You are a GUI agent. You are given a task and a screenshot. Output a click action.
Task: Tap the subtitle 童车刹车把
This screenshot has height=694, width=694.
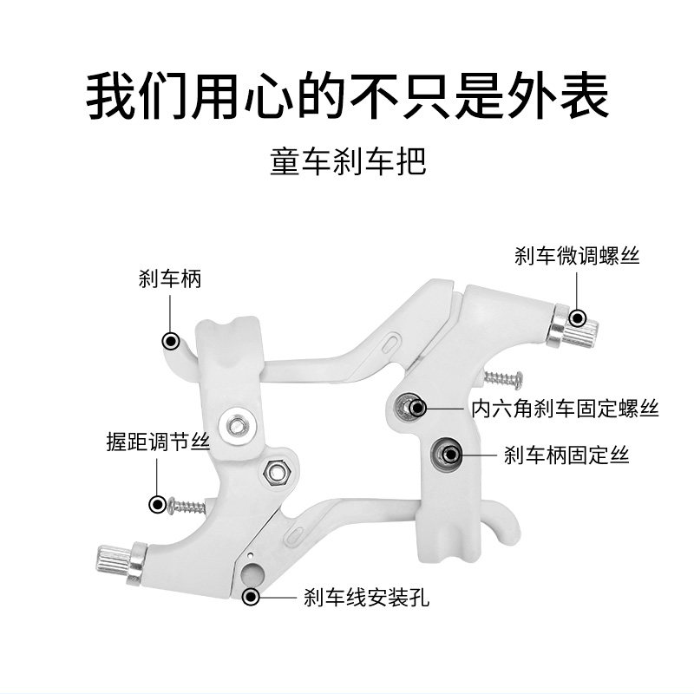tap(347, 162)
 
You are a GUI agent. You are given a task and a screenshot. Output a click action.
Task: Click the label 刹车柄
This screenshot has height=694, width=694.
tap(170, 278)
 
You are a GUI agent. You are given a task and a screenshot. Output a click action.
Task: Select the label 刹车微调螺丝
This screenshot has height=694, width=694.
tap(576, 257)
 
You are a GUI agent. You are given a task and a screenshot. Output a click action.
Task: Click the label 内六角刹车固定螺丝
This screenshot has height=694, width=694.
tap(564, 409)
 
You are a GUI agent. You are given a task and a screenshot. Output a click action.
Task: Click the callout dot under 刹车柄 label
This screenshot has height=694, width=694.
tap(172, 339)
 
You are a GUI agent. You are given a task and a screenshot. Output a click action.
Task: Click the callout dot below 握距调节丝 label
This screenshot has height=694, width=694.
tap(157, 503)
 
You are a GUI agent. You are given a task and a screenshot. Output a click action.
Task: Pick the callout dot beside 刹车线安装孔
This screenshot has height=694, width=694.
tap(252, 596)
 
